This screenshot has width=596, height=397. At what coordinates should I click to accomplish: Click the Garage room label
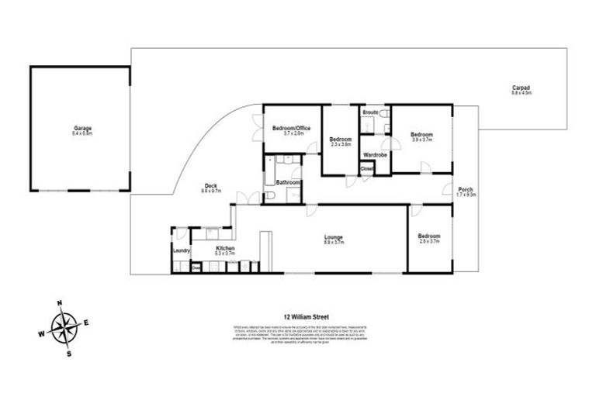[78, 129]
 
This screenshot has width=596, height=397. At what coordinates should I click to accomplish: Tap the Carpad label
[520, 88]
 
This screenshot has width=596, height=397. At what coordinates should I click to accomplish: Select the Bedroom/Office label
[293, 129]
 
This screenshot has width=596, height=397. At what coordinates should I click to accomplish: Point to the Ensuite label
[370, 113]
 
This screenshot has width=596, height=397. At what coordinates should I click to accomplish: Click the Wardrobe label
[376, 154]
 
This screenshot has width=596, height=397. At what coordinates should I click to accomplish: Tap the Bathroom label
[288, 183]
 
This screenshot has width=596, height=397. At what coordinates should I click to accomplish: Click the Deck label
[210, 185]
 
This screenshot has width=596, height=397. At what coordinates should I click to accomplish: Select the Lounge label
[334, 237]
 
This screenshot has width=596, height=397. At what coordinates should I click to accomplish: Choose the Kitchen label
[225, 248]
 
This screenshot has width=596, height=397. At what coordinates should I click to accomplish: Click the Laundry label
[182, 251]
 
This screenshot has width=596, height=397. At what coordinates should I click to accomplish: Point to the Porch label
[466, 190]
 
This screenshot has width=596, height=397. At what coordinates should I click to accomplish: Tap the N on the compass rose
[60, 303]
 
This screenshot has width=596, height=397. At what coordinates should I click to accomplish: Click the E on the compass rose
[86, 322]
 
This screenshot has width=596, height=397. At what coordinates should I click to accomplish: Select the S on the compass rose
[70, 354]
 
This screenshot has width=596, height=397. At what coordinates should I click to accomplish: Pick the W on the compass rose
[40, 336]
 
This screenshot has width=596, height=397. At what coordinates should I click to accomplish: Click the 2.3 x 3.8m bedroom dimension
[341, 144]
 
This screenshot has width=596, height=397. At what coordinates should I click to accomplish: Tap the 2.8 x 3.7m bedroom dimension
[428, 242]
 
